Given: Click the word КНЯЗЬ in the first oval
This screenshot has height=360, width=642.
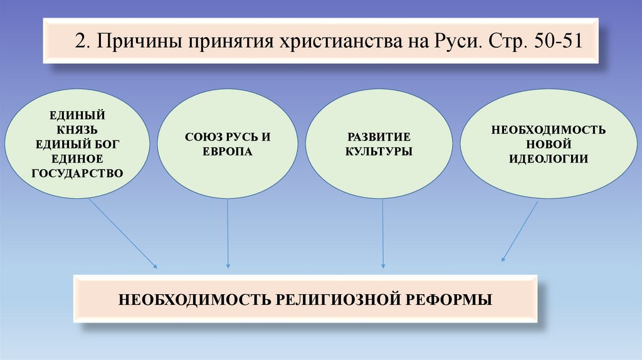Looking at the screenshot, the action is click(78, 130).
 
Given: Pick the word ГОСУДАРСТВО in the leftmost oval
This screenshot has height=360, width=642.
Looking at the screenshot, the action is click(78, 172).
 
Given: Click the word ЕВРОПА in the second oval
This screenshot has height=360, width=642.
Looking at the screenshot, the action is click(227, 152).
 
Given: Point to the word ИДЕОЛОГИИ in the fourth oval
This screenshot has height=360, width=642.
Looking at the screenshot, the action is click(549, 158).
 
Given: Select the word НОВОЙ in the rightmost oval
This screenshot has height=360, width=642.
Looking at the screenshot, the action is click(549, 144).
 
